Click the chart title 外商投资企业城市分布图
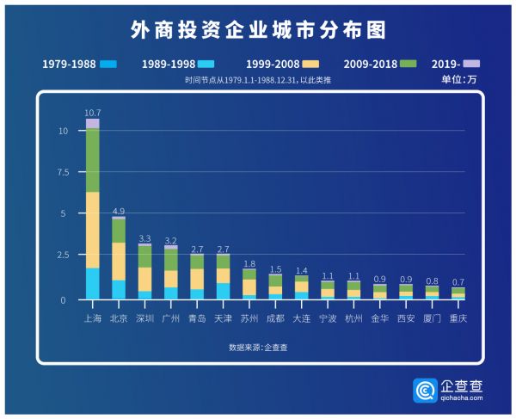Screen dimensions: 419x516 coord(258,31)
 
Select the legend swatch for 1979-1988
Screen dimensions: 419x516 coord(107,64)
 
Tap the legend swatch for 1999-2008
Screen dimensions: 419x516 coord(312,64)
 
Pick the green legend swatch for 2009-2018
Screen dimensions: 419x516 coord(408,64)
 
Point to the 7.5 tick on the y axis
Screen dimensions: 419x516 coord(62,172)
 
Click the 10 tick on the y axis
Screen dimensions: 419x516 coord(63,131)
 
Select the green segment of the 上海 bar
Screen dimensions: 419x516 coord(92,160)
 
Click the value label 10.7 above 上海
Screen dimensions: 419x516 coord(92,113)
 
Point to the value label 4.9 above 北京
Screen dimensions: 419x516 coord(119,211)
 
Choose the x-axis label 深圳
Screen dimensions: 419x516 coord(144,317)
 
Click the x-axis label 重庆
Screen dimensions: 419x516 coord(458,317)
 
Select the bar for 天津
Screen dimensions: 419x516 coord(223,276)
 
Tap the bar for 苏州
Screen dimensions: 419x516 coord(249,284)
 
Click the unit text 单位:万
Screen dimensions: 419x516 coord(458,79)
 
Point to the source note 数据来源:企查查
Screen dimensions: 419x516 coord(258,347)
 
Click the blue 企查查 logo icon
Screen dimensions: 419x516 coord(425,391)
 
